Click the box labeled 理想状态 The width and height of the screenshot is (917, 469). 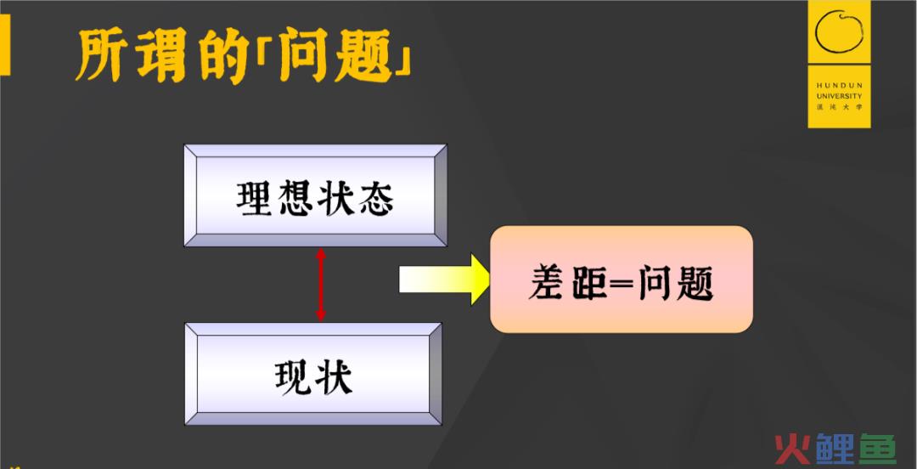tap(316, 195)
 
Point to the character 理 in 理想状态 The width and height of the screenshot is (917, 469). tap(254, 199)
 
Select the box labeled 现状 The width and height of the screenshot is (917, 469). tap(313, 374)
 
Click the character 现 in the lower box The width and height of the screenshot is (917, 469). tap(292, 377)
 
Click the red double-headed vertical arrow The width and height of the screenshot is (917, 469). tap(320, 285)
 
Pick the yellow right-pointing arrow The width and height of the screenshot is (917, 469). tap(444, 280)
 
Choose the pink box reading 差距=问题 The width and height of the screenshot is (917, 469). tap(621, 280)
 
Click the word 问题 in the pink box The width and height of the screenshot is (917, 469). tap(676, 283)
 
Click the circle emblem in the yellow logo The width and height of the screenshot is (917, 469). tap(839, 34)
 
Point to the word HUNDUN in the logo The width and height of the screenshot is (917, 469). tap(839, 86)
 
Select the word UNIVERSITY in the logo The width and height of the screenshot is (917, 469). tap(839, 96)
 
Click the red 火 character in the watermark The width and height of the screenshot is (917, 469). tap(792, 449)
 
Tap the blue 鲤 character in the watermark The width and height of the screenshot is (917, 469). tap(835, 449)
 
